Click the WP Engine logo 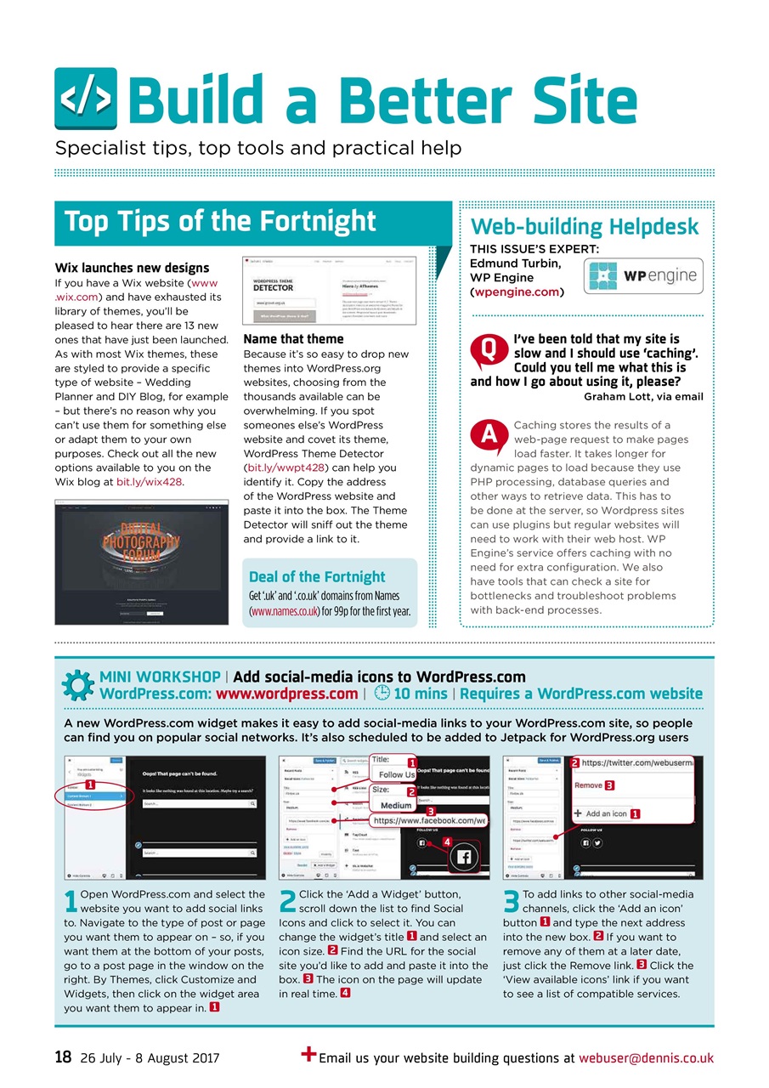(x=643, y=276)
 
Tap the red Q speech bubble (x=489, y=350)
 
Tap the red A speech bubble (x=489, y=436)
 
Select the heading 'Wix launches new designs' (x=132, y=268)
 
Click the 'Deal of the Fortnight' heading (x=317, y=576)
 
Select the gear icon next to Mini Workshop (x=78, y=685)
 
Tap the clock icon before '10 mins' (x=382, y=693)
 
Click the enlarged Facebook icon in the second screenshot (x=463, y=857)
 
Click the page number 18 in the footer (x=63, y=1057)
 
